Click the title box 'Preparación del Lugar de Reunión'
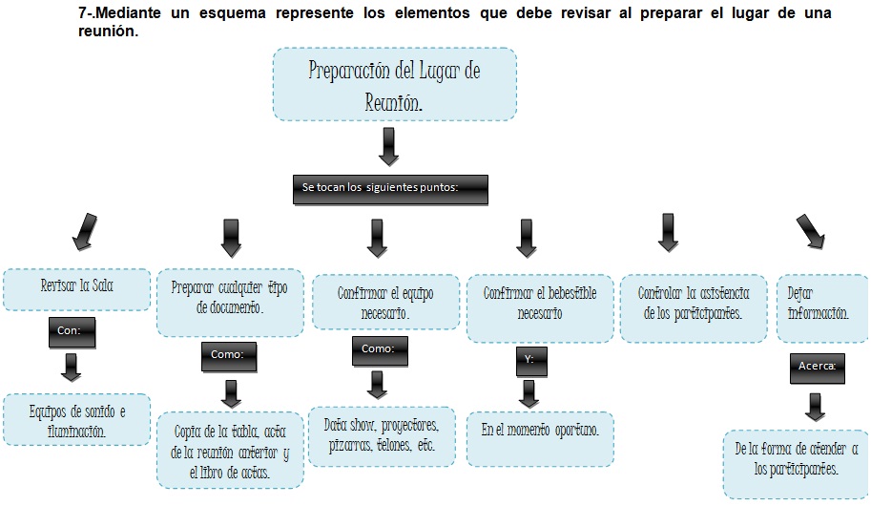click(x=394, y=84)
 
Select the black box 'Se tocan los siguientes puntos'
click(x=390, y=190)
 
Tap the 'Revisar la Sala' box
click(x=76, y=289)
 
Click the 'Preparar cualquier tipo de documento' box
click(x=230, y=303)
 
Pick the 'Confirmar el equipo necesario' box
click(x=386, y=302)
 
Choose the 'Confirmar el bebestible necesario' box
click(x=540, y=308)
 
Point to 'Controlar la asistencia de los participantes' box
click(x=694, y=308)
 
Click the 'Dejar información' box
click(x=822, y=308)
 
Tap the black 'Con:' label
click(x=72, y=332)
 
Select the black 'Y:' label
click(x=531, y=362)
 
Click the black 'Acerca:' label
click(x=818, y=369)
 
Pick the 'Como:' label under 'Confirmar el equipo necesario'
click(x=380, y=351)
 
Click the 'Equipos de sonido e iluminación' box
click(x=76, y=420)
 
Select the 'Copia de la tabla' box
click(x=230, y=451)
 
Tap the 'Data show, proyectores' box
click(x=382, y=436)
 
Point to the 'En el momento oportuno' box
click(x=540, y=439)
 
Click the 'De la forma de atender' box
click(x=796, y=464)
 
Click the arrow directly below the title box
click(x=389, y=147)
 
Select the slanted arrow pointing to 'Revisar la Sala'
click(x=85, y=232)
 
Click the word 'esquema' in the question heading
click(x=233, y=12)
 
